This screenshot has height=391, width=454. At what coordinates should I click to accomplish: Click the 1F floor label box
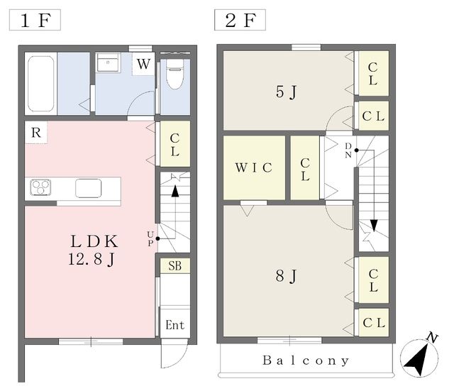35,20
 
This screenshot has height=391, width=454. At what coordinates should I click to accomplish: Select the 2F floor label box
240,20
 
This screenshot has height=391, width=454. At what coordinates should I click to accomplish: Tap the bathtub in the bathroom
41,84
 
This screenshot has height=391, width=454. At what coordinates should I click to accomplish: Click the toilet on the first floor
175,74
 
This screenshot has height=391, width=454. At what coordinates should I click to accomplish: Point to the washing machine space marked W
143,64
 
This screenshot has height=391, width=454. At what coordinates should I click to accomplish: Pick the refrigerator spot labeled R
36,133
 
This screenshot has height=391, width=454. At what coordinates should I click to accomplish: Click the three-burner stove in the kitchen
41,187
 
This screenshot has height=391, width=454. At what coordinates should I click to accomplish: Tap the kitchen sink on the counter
88,188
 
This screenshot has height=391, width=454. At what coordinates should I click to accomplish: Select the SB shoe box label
175,266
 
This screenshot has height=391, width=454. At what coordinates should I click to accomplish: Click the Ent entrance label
175,325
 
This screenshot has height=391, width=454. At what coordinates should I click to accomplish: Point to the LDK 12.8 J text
93,250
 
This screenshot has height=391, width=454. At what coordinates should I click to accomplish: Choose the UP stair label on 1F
150,239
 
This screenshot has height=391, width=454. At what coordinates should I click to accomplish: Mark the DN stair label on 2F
348,150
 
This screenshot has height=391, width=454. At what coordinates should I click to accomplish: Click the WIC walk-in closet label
254,167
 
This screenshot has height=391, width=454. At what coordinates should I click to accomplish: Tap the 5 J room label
286,92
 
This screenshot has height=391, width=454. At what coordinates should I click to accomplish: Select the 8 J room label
286,276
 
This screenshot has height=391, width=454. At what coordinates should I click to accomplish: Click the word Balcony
306,360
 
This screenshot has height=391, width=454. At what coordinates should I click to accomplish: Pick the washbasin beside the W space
108,62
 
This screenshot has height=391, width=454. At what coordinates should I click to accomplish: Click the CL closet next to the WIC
305,168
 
